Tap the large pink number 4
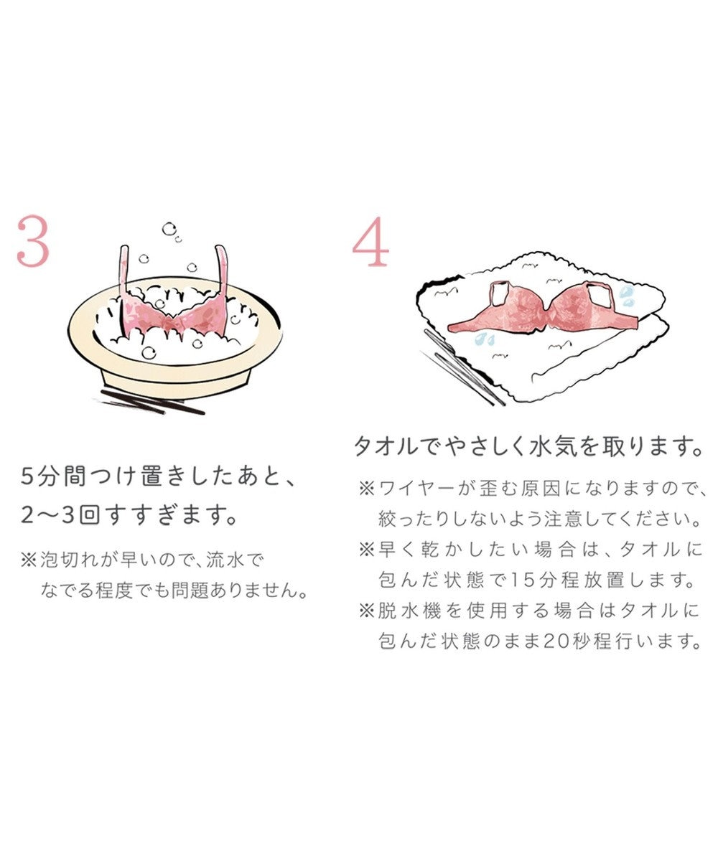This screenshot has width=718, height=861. tap(370, 245)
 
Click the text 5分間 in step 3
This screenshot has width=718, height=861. tap(49, 476)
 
